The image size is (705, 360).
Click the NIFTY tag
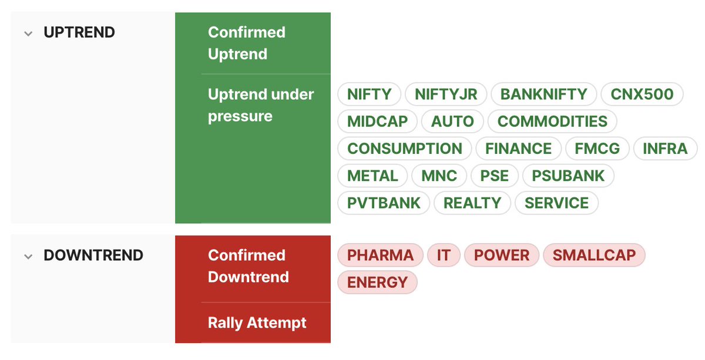click(369, 94)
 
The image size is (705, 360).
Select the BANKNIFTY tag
click(543, 94)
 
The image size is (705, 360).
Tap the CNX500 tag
click(642, 94)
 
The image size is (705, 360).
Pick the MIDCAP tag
click(377, 122)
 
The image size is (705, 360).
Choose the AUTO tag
click(452, 122)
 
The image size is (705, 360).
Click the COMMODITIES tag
click(552, 122)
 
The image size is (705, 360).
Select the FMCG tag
click(597, 149)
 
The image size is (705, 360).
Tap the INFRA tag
click(665, 149)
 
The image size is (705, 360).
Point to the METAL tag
click(372, 176)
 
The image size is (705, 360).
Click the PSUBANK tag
click(568, 176)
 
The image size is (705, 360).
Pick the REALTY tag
click(472, 203)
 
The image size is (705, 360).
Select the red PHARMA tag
click(380, 255)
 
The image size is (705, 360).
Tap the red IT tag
click(444, 255)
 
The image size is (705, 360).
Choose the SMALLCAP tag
click(594, 255)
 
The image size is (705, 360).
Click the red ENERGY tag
click(377, 282)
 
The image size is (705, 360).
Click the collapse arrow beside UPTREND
click(28, 33)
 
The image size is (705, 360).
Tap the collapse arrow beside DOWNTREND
click(28, 257)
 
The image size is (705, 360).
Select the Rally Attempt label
click(257, 322)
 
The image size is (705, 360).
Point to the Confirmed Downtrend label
click(248, 266)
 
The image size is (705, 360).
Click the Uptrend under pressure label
click(261, 105)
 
